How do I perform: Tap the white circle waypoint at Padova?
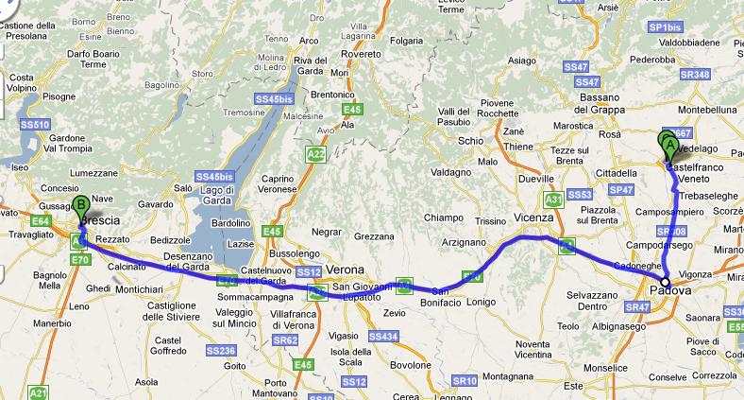(x=665, y=282)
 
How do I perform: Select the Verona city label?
(x=348, y=269)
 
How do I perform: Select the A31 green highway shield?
(x=554, y=200)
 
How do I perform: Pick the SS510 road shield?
(x=35, y=124)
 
